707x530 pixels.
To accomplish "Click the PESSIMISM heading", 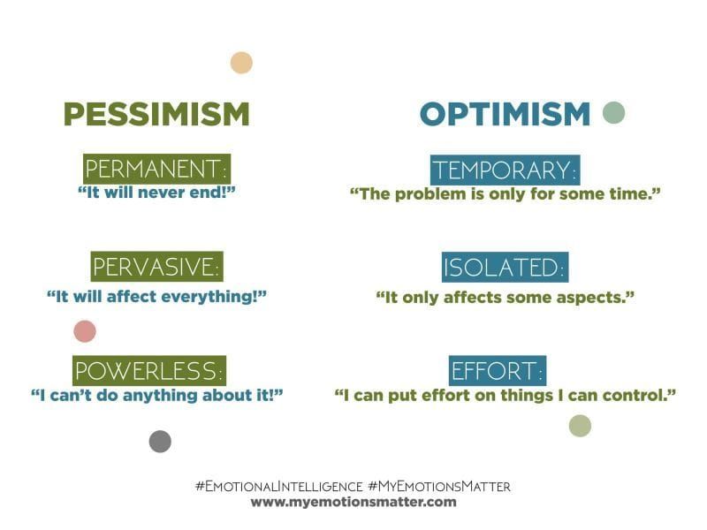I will (156, 114).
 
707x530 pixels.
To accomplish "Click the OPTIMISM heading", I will (505, 114).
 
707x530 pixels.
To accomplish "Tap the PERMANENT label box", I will (156, 169).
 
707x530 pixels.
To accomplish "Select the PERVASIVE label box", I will (156, 267).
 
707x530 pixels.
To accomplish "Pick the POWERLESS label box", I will (148, 369).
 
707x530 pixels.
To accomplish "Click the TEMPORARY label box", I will (505, 170).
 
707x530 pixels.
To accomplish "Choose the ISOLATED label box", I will (505, 268).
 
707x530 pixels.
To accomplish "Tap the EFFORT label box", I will (498, 369).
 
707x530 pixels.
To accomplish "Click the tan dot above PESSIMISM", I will (241, 63).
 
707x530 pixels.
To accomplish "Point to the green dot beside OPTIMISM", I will (613, 112).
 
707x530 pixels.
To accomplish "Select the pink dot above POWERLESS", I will (85, 331).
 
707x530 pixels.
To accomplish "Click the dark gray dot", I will (160, 442).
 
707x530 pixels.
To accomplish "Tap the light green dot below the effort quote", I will (580, 426).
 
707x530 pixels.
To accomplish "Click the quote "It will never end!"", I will (156, 192).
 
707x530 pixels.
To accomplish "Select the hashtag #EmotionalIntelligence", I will (278, 486).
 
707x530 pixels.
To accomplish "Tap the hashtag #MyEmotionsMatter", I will (439, 486).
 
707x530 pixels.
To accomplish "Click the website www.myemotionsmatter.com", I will (353, 502).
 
